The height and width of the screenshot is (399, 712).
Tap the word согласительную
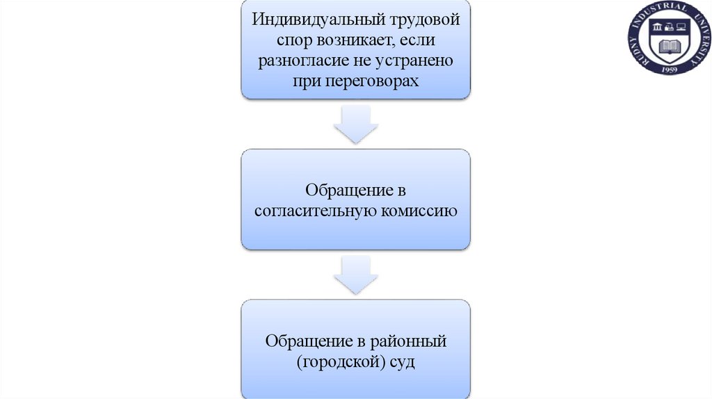[x=314, y=211]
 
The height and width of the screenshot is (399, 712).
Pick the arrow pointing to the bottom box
[x=355, y=276]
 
